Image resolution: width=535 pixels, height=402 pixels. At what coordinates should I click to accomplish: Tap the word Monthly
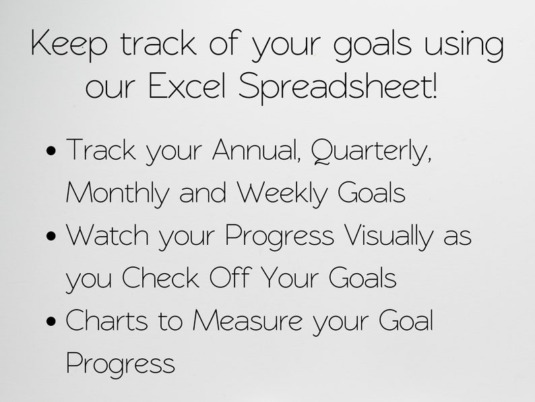(118, 194)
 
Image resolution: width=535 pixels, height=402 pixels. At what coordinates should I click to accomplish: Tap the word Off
(230, 277)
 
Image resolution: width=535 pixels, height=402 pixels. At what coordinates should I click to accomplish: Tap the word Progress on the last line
(121, 364)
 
